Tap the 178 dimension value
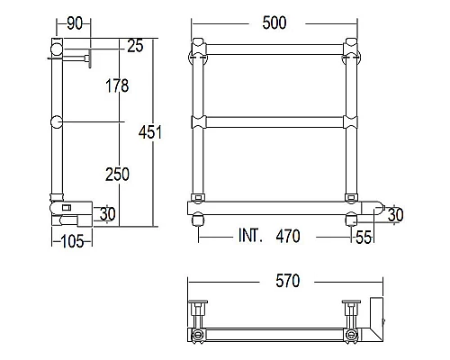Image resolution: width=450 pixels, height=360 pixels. (116, 86)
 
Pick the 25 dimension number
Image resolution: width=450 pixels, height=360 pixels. (136, 45)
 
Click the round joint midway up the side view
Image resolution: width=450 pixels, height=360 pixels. (56, 122)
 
